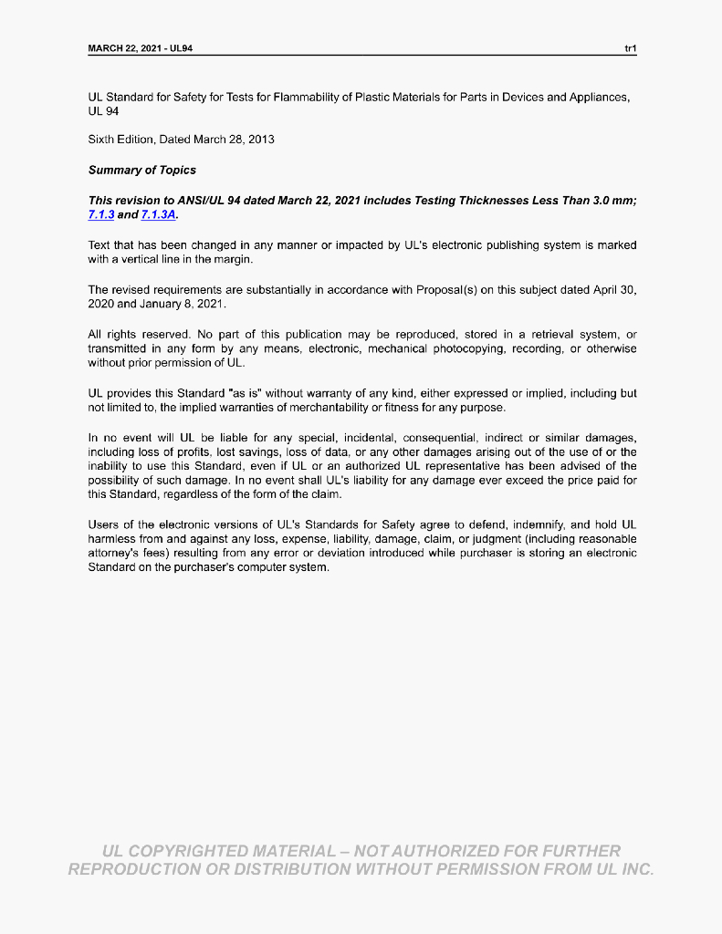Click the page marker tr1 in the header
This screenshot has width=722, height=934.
click(x=630, y=47)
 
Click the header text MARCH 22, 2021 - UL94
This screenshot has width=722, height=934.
click(x=141, y=47)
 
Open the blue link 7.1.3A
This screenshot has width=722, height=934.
click(x=159, y=214)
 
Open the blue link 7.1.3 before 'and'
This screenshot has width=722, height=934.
click(x=100, y=214)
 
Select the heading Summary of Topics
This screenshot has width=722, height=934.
click(x=141, y=170)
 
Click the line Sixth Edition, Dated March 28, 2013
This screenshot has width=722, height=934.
click(x=181, y=140)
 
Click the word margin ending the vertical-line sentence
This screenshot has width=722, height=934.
click(x=232, y=259)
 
